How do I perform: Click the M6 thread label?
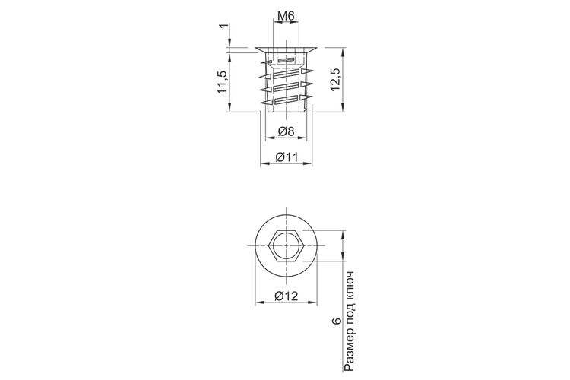[x=286, y=16]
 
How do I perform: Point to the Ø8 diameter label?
[x=286, y=131]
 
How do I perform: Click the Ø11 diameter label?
[x=287, y=157]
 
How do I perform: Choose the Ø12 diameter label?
[x=286, y=296]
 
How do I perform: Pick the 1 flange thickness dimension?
[x=225, y=26]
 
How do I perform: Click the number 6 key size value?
[x=337, y=321]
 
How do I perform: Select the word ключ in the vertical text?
[x=350, y=286]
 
